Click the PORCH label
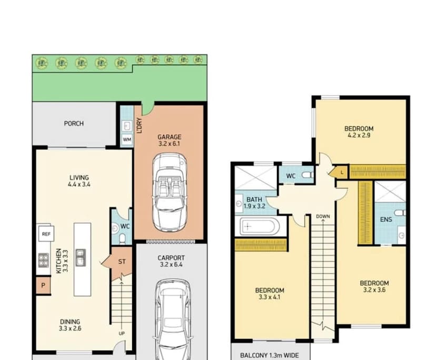click(x=74, y=124)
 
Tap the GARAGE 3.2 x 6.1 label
click(x=169, y=141)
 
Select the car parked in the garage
click(x=169, y=192)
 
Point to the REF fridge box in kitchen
click(x=46, y=234)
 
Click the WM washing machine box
click(x=127, y=139)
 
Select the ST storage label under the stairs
click(x=122, y=262)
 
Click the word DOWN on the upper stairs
click(x=323, y=216)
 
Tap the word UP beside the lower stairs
click(x=122, y=334)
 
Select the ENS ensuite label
click(x=386, y=219)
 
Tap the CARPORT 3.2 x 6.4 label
click(x=171, y=262)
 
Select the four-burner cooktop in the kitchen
click(x=44, y=258)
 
